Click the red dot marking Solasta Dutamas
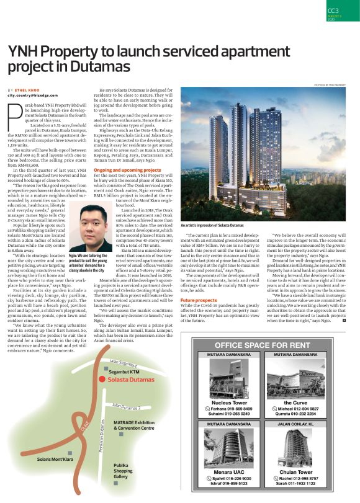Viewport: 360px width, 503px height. coord(101,378)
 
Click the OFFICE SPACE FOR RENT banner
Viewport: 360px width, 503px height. coord(270,345)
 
